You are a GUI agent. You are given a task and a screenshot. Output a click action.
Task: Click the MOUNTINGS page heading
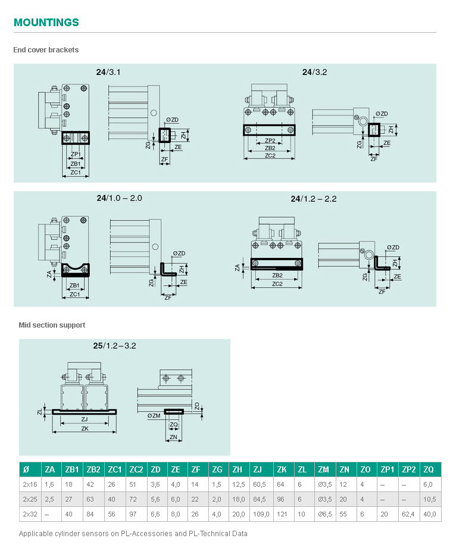pyautogui.click(x=46, y=23)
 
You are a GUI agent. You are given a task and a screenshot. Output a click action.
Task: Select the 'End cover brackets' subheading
pyautogui.click(x=46, y=50)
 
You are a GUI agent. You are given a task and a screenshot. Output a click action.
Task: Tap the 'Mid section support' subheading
pyautogui.click(x=52, y=325)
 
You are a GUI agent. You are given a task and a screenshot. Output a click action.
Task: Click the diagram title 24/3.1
pyautogui.click(x=108, y=72)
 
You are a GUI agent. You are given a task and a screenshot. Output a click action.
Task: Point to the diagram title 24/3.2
pyautogui.click(x=314, y=72)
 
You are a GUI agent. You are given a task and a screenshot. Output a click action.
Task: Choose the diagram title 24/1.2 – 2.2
pyautogui.click(x=314, y=199)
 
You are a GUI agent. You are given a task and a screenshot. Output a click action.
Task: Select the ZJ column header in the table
pyautogui.click(x=258, y=470)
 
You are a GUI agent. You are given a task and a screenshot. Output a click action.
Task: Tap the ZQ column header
pyautogui.click(x=429, y=470)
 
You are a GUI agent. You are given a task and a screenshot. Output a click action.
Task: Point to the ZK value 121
pyautogui.click(x=283, y=513)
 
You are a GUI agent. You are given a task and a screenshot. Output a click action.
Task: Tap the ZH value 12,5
pyautogui.click(x=237, y=485)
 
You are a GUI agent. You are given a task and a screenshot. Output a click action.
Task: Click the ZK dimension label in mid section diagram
pyautogui.click(x=85, y=428)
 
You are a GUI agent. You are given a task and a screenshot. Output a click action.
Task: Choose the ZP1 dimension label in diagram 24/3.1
pyautogui.click(x=75, y=154)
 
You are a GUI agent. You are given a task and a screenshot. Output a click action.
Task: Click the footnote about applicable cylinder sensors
pyautogui.click(x=133, y=534)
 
